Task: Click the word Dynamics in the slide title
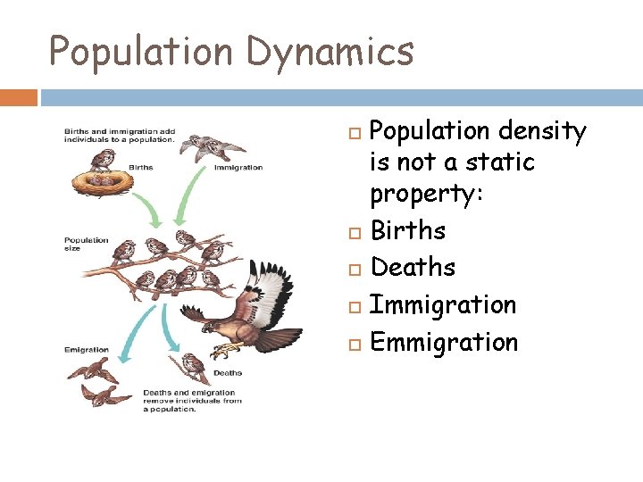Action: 330,51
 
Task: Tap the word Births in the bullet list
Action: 407,230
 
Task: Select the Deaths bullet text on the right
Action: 413,267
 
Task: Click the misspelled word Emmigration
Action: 444,342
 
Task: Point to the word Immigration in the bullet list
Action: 443,304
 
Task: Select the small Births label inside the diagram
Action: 140,167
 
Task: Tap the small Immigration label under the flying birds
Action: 238,167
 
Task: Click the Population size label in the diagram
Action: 86,244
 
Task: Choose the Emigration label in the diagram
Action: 86,350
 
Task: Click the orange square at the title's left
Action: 18,96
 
